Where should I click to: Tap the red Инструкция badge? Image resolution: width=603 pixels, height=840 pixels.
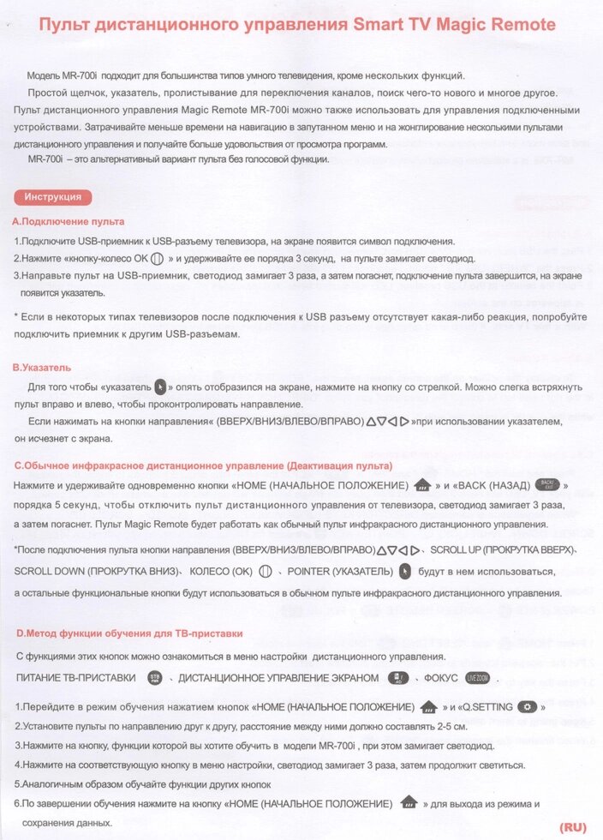[x=53, y=197]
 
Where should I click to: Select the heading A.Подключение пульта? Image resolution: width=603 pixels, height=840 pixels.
[x=68, y=221]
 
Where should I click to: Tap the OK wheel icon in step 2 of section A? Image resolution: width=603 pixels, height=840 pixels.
[x=156, y=258]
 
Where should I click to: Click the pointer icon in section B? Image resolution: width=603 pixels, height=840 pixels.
[x=160, y=387]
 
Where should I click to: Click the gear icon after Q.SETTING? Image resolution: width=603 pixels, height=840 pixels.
[x=529, y=706]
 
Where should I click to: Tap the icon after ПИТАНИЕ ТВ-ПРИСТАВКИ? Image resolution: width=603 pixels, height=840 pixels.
[x=155, y=677]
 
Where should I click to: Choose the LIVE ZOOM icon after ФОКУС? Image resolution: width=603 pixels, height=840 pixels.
[x=483, y=677]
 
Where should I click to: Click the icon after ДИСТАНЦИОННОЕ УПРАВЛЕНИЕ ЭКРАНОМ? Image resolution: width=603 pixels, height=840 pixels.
[x=397, y=677]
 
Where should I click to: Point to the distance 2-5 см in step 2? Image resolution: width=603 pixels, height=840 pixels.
[x=451, y=726]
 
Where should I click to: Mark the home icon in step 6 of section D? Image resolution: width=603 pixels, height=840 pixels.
[x=409, y=803]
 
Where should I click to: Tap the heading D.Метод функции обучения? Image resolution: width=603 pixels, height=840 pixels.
[x=129, y=633]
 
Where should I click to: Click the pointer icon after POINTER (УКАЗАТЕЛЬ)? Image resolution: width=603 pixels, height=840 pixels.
[x=405, y=572]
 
